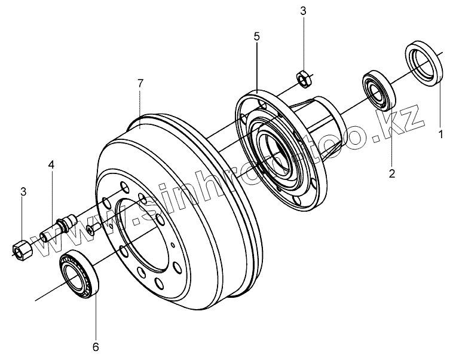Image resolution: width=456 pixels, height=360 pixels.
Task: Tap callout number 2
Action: tap(392, 175)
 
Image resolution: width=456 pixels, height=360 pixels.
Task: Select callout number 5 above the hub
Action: tap(256, 36)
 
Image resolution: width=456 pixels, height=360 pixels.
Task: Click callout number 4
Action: tap(51, 164)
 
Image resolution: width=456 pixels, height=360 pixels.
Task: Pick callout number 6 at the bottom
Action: tap(95, 346)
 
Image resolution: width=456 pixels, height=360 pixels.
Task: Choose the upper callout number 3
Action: tap(303, 11)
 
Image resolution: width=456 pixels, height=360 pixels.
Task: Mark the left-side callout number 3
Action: tap(23, 192)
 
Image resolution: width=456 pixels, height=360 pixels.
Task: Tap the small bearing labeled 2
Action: tap(378, 91)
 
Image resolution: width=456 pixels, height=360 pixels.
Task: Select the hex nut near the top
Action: tap(302, 77)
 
